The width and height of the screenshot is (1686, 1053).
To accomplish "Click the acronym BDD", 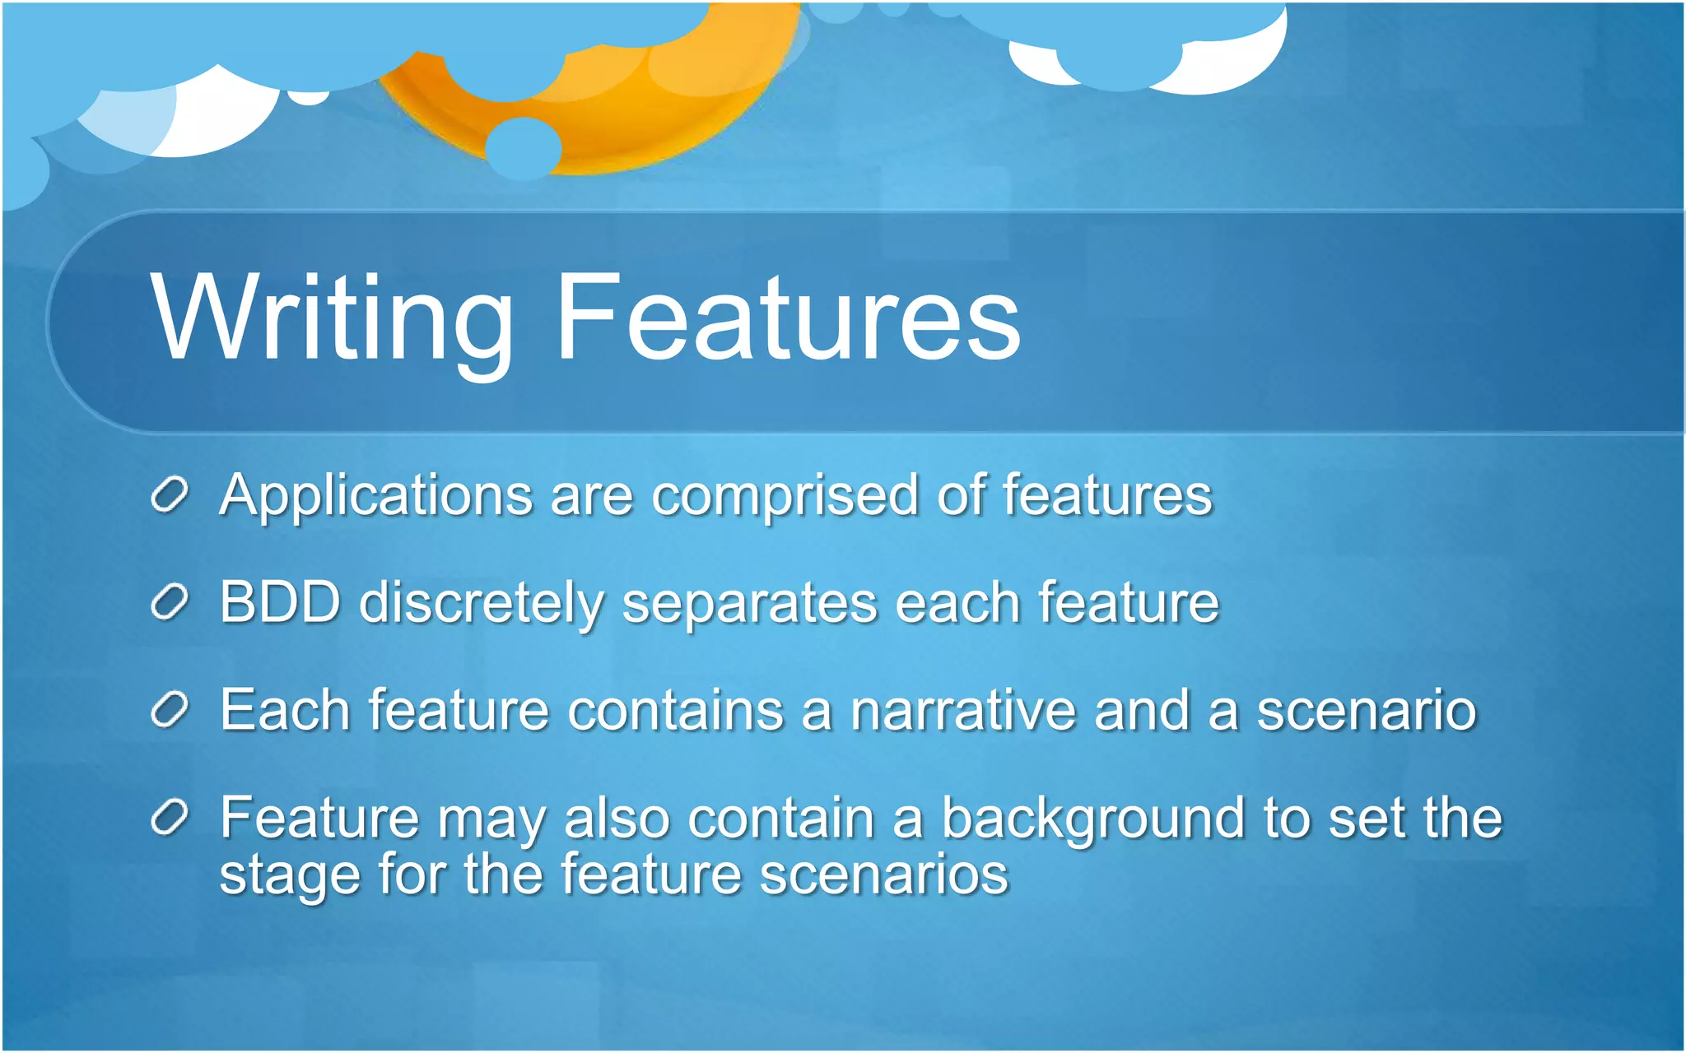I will click(x=280, y=602).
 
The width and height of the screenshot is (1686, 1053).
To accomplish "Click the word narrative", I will click(x=962, y=710).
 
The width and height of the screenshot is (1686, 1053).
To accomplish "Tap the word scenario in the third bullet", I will click(x=1367, y=710).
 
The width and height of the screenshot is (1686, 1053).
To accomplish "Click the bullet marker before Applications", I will click(x=170, y=495).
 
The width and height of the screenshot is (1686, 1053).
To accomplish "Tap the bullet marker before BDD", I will click(x=170, y=603).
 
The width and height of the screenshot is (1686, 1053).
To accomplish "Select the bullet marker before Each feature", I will click(x=170, y=710).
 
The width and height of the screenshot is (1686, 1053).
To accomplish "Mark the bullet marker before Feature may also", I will click(x=170, y=818).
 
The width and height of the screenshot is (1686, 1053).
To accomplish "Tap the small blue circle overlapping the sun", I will click(x=523, y=148).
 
